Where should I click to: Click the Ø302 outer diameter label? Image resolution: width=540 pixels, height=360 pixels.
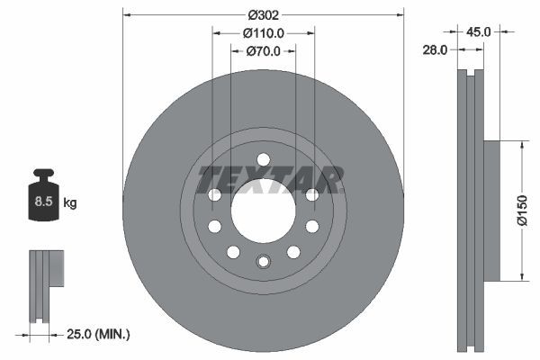[263, 14]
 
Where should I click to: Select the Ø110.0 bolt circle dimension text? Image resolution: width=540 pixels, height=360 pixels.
[264, 32]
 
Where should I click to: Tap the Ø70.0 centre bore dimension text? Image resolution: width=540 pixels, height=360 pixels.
[264, 50]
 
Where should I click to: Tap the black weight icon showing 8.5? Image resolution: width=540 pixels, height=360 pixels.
[42, 194]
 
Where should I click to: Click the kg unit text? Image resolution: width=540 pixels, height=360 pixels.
[69, 202]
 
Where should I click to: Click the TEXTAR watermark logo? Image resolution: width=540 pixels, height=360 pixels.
[270, 179]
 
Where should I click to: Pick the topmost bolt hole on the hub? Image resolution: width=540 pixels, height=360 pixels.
[263, 159]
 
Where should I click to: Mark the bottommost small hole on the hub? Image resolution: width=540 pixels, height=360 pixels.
[263, 262]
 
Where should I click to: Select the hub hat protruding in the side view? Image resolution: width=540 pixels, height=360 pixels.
[491, 210]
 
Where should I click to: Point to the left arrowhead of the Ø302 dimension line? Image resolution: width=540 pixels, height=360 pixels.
[126, 14]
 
